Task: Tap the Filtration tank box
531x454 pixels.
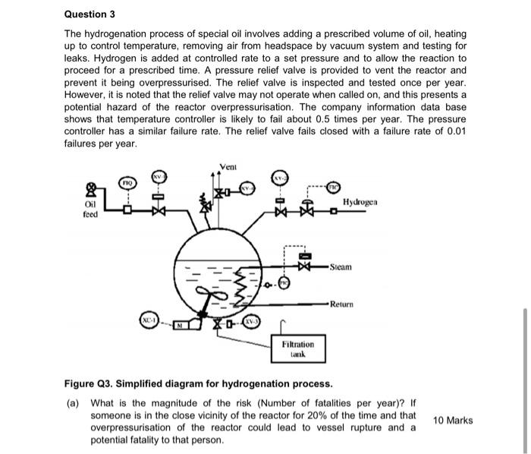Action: (297, 349)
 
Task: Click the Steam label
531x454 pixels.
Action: (341, 267)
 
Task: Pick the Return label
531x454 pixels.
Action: (343, 304)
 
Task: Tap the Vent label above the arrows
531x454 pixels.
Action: (227, 166)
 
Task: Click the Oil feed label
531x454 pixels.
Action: (90, 209)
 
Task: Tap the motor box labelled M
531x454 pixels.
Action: (181, 326)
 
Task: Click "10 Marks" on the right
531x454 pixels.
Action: (452, 420)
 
